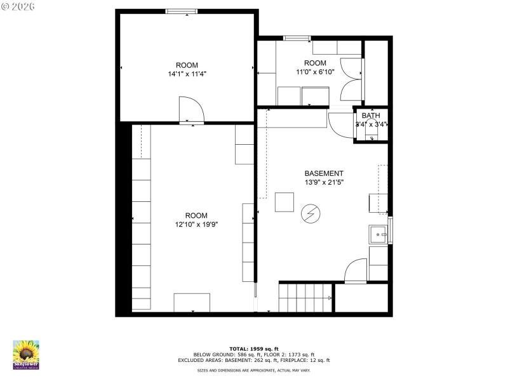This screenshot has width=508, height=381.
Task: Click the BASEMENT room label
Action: tap(324, 173)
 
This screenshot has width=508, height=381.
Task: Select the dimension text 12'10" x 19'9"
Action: tap(196, 224)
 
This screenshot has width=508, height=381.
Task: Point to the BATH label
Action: tap(371, 116)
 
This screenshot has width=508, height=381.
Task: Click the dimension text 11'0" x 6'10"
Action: tap(315, 72)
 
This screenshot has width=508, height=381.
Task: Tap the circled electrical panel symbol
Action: tap(311, 213)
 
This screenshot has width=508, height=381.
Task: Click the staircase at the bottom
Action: tap(305, 297)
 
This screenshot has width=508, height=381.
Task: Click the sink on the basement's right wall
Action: tap(379, 234)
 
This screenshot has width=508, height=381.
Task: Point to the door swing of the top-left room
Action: tap(192, 108)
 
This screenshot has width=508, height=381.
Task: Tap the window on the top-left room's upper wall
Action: tap(182, 11)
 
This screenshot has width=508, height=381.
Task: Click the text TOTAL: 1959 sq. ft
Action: tap(254, 349)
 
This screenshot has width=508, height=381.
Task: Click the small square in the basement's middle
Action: tap(284, 201)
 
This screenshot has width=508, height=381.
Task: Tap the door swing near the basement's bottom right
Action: tap(357, 270)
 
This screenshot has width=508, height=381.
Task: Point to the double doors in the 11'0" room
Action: tap(351, 79)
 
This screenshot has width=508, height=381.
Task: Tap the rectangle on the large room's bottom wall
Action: tap(192, 302)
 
